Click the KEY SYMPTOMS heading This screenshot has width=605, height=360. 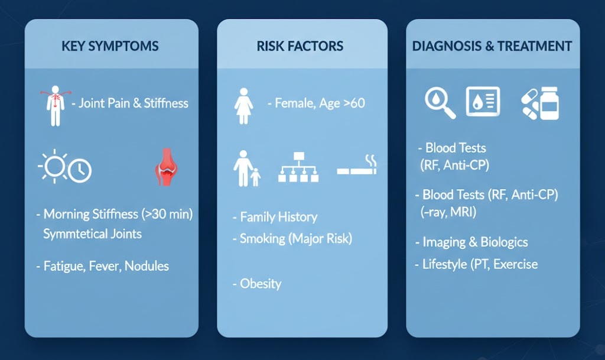[110, 46]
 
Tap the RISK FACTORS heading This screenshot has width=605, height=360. [300, 46]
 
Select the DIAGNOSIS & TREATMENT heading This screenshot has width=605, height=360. [492, 46]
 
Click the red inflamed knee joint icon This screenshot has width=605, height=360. [166, 167]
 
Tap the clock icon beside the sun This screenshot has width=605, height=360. [80, 170]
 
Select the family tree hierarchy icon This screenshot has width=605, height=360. [298, 167]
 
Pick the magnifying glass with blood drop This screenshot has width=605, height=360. [440, 102]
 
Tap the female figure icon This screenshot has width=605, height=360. [243, 106]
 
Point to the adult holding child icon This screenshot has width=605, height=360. [246, 168]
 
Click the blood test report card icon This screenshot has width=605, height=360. [483, 102]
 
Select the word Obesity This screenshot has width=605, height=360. [261, 284]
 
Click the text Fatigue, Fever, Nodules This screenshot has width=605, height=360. [106, 266]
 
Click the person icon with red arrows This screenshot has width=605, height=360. [56, 106]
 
